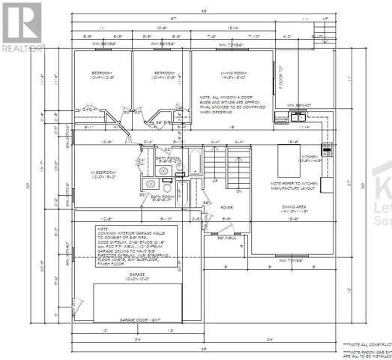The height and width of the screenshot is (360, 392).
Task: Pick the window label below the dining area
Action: pos(288,261)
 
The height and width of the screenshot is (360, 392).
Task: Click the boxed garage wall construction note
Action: pos(138,248)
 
